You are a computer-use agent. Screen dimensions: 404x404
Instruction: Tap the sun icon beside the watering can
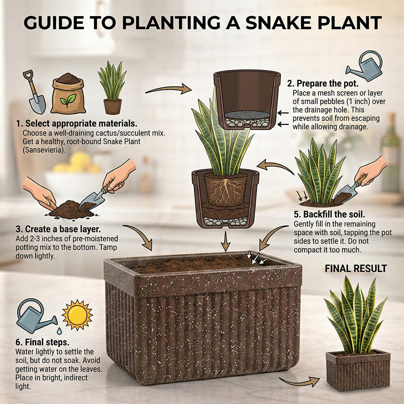click(77, 315)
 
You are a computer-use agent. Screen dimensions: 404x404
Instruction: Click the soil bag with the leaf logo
click(68, 93)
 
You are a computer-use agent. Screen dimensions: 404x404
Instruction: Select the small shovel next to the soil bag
click(35, 92)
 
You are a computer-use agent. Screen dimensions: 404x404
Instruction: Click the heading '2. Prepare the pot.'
click(322, 84)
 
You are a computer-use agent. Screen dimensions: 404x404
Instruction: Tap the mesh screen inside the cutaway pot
click(247, 115)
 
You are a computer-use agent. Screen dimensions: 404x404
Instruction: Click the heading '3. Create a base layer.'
click(58, 229)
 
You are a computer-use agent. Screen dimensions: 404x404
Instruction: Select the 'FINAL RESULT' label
click(356, 269)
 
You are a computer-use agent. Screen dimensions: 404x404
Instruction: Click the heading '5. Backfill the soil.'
click(329, 215)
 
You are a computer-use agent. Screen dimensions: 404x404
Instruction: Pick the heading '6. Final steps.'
click(42, 342)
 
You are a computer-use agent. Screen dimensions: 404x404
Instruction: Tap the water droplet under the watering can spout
click(59, 331)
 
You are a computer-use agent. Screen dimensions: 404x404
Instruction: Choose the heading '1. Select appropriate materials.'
click(76, 123)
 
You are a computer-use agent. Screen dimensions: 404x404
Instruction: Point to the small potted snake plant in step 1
click(112, 88)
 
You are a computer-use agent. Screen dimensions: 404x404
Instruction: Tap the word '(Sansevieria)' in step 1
click(44, 150)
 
